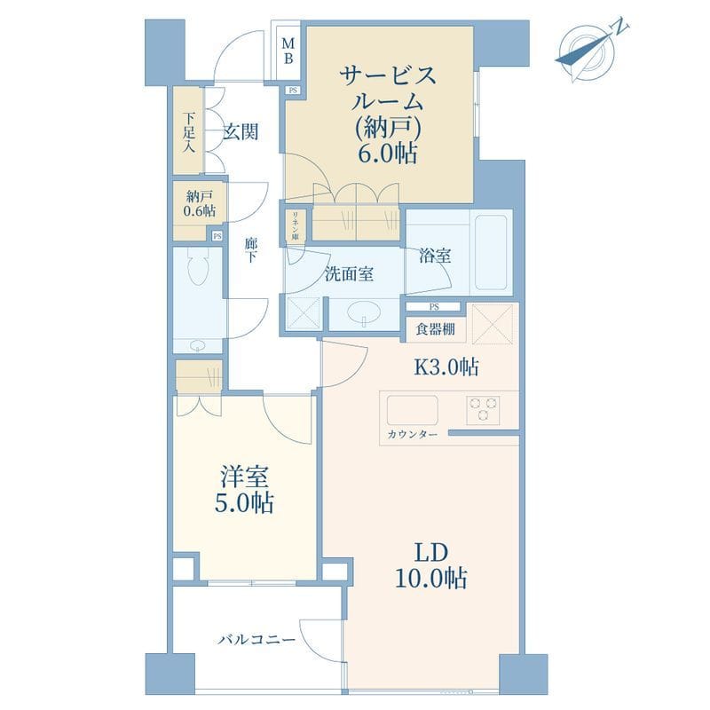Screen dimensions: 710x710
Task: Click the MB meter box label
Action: click(x=288, y=51)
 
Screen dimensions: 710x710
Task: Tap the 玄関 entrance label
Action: click(x=241, y=131)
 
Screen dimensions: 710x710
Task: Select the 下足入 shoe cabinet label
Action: click(x=189, y=131)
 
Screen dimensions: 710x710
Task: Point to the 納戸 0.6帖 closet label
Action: click(x=199, y=204)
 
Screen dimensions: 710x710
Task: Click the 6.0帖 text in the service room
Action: click(x=387, y=154)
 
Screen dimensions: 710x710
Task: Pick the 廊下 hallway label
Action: click(x=251, y=250)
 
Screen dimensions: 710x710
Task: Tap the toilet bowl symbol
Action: click(x=198, y=268)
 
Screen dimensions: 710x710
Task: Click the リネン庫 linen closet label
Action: click(x=295, y=225)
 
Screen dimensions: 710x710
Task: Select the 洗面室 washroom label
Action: click(x=349, y=274)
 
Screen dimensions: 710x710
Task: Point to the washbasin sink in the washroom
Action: click(x=364, y=312)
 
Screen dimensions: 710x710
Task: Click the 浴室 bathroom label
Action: click(x=435, y=256)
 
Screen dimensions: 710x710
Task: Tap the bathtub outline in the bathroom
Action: click(x=491, y=252)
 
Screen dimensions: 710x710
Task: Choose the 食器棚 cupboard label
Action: click(x=435, y=328)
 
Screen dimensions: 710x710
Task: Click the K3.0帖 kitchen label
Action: click(x=446, y=367)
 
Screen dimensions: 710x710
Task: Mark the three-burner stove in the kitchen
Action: click(x=483, y=410)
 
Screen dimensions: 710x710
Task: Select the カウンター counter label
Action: click(x=413, y=435)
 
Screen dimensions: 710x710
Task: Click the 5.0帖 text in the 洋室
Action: click(x=244, y=502)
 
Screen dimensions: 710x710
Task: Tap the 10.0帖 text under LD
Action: click(x=431, y=578)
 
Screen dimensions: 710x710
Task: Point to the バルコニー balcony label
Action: click(x=256, y=640)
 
